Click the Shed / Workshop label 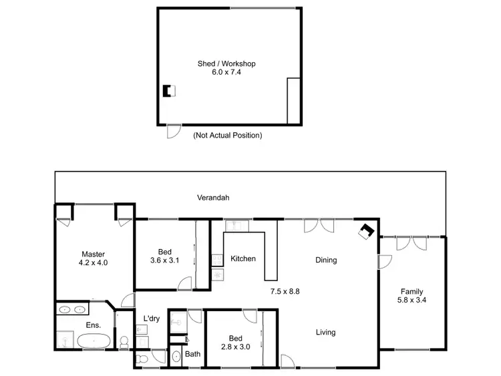226,64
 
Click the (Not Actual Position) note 227,135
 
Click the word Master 94,254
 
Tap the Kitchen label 243,258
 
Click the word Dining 326,260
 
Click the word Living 326,332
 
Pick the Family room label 411,291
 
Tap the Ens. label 94,325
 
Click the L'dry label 152,319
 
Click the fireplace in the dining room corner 366,230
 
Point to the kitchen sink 236,225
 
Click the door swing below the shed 172,132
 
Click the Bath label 192,354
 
